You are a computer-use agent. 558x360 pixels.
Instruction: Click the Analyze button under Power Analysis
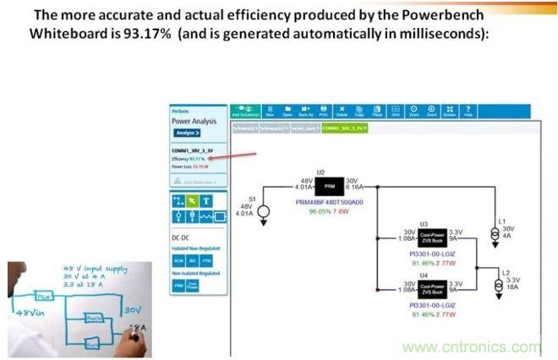pyautogui.click(x=187, y=133)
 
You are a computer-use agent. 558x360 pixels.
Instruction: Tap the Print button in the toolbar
pyautogui.click(x=322, y=112)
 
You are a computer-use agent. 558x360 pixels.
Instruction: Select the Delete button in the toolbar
pyautogui.click(x=342, y=112)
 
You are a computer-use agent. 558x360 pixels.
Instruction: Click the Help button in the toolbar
pyautogui.click(x=468, y=112)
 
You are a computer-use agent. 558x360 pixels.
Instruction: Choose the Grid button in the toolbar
pyautogui.click(x=395, y=112)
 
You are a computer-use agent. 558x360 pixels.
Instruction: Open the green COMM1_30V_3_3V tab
pyautogui.click(x=344, y=128)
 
